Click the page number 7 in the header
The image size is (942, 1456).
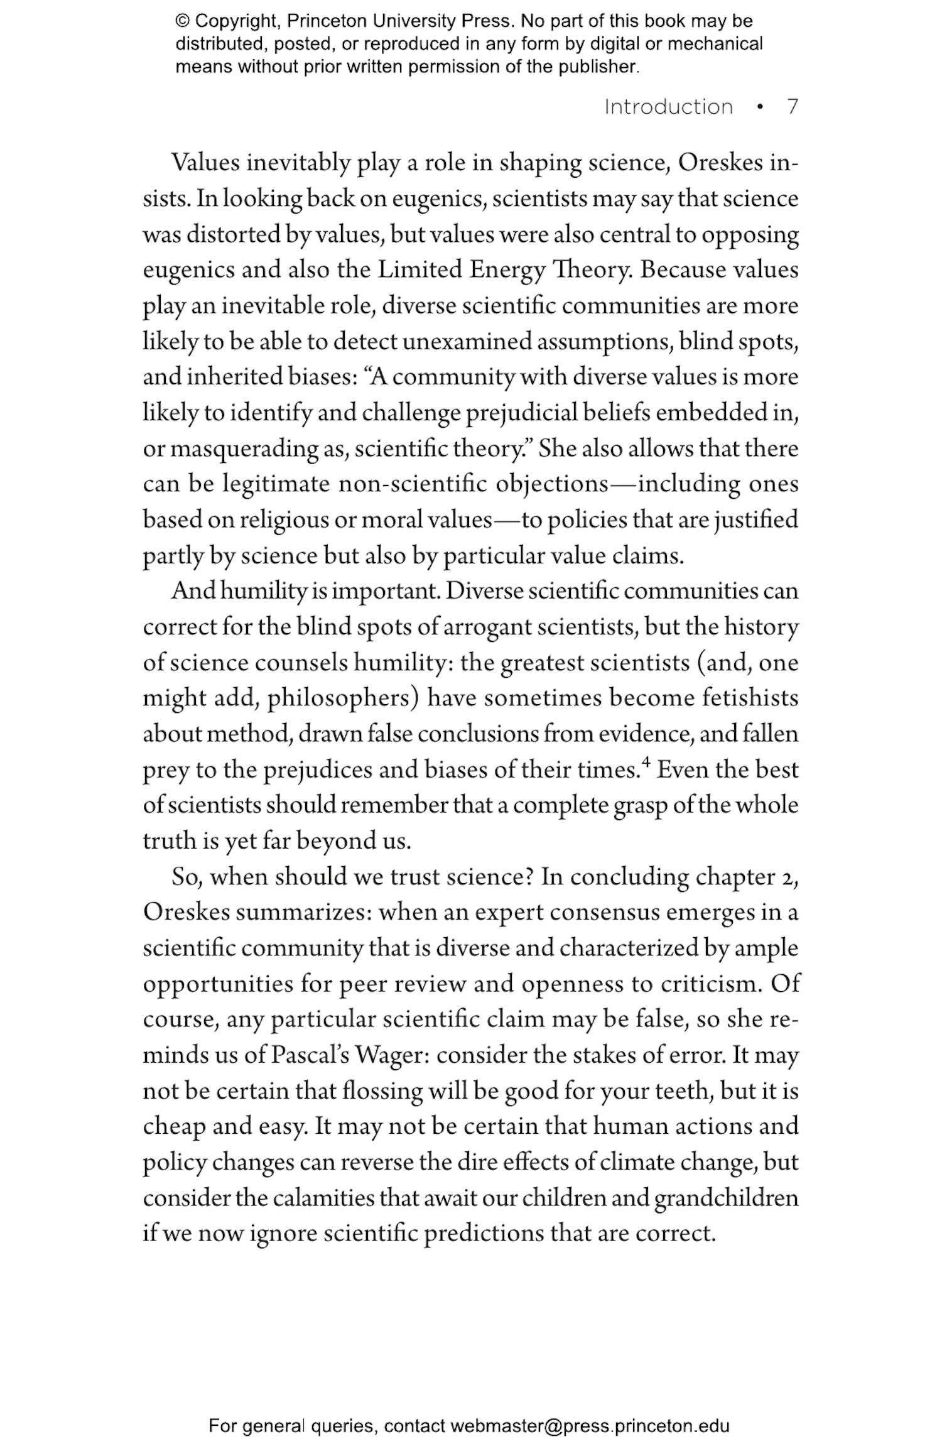point(793,107)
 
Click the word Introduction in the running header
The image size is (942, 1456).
point(668,107)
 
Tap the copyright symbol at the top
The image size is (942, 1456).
point(182,21)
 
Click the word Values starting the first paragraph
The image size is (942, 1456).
point(206,163)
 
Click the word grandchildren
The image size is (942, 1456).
point(726,1198)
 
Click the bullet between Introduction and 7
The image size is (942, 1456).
point(761,107)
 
